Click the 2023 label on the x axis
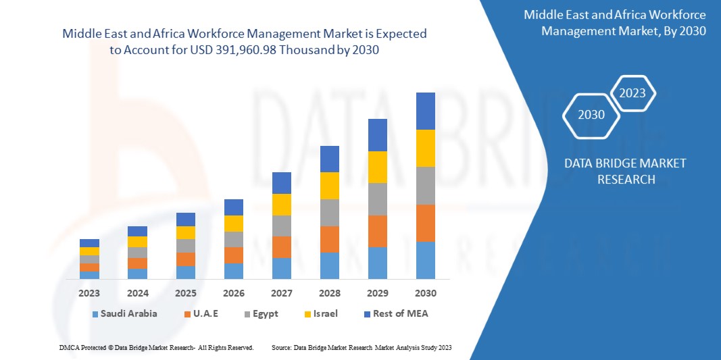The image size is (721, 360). (89, 293)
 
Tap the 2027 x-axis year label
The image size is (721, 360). (282, 293)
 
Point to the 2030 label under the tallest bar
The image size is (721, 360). (426, 293)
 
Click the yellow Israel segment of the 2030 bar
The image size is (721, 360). (426, 148)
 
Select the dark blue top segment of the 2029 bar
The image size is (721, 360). (378, 135)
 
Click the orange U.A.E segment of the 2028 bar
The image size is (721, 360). (330, 239)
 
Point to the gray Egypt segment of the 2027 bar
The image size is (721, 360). (282, 226)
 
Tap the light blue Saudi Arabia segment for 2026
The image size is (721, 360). (234, 271)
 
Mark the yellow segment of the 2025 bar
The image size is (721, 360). (186, 232)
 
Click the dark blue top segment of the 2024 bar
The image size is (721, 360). (137, 231)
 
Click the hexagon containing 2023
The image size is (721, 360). (632, 93)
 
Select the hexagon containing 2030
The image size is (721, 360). (591, 115)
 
